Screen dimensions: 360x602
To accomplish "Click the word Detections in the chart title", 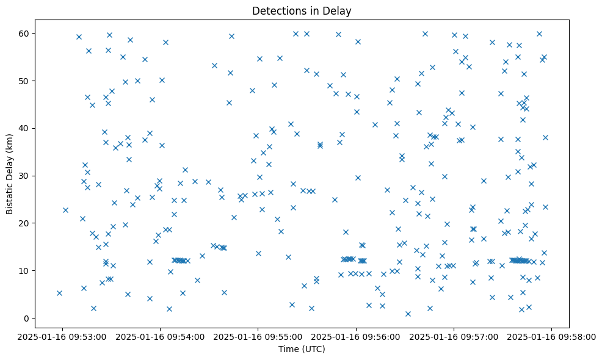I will [x=277, y=11].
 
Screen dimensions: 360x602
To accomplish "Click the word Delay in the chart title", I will [x=339, y=11].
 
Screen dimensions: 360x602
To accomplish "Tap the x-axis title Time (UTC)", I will [x=302, y=349].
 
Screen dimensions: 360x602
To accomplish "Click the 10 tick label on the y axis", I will [x=25, y=271].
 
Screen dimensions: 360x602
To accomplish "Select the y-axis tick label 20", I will [x=25, y=223].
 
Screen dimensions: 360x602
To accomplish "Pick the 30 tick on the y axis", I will [x=25, y=176].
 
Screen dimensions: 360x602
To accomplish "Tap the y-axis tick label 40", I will [x=25, y=128].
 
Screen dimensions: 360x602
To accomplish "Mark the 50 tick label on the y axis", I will [x=25, y=81].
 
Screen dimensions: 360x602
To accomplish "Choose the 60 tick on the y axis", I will [x=25, y=33].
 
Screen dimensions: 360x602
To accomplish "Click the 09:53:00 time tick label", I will [x=62, y=336].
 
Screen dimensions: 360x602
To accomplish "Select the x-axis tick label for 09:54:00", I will [x=160, y=336].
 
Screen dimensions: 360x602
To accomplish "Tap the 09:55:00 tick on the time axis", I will [x=258, y=336].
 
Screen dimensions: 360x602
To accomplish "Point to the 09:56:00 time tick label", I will [x=356, y=336].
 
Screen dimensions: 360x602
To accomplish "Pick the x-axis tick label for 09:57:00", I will [x=454, y=336].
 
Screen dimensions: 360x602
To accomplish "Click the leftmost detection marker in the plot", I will [x=59, y=293].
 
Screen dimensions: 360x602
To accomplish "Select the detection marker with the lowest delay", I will [x=408, y=314].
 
